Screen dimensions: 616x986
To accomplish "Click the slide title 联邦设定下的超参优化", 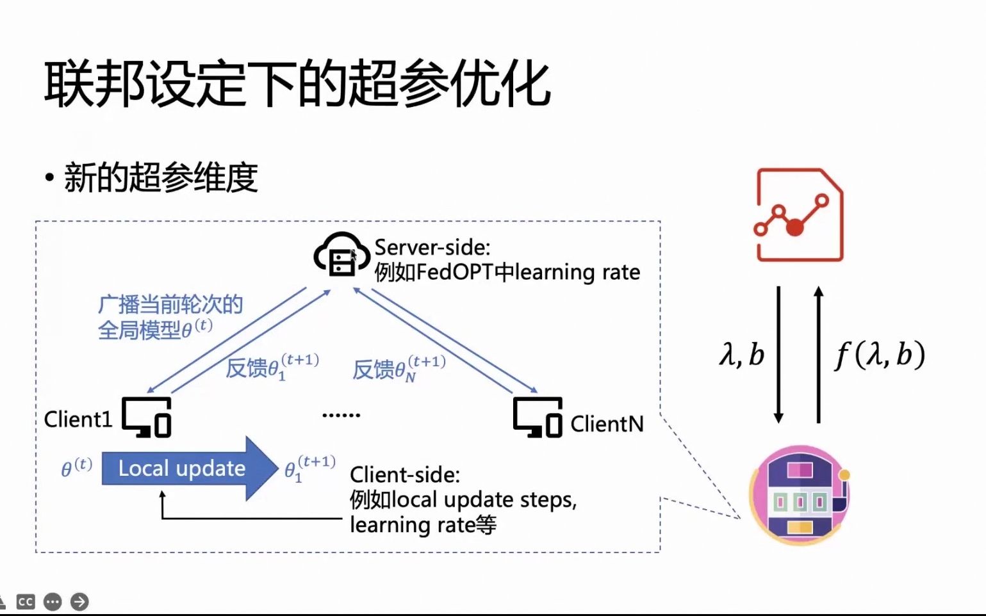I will pyautogui.click(x=297, y=84).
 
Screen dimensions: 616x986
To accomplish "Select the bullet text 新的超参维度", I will pyautogui.click(x=161, y=177).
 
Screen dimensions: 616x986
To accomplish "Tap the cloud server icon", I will pyautogui.click(x=341, y=255).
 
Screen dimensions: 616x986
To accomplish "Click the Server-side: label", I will pyautogui.click(x=432, y=247).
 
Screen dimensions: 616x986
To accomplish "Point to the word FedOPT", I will pyautogui.click(x=455, y=272).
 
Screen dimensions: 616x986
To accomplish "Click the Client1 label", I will pyautogui.click(x=78, y=419).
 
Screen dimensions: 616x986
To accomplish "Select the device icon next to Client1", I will pyautogui.click(x=147, y=417).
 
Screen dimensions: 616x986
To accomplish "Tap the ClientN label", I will pyautogui.click(x=607, y=424).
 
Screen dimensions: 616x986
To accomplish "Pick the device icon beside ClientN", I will pyautogui.click(x=538, y=417).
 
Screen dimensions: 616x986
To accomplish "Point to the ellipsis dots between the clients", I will pyautogui.click(x=341, y=415).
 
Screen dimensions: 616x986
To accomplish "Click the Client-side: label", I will pyautogui.click(x=404, y=474).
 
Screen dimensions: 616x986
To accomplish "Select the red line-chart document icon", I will pyautogui.click(x=799, y=215).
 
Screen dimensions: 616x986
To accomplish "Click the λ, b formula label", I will pyautogui.click(x=741, y=354).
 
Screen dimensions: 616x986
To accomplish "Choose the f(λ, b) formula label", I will pyautogui.click(x=880, y=355).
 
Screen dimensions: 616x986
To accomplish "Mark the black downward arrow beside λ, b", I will pyautogui.click(x=778, y=355).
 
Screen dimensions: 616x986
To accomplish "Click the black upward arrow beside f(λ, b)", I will pyautogui.click(x=818, y=355).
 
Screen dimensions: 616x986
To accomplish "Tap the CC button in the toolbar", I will pyautogui.click(x=26, y=602).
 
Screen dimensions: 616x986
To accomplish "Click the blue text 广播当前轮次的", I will pyautogui.click(x=170, y=304).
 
